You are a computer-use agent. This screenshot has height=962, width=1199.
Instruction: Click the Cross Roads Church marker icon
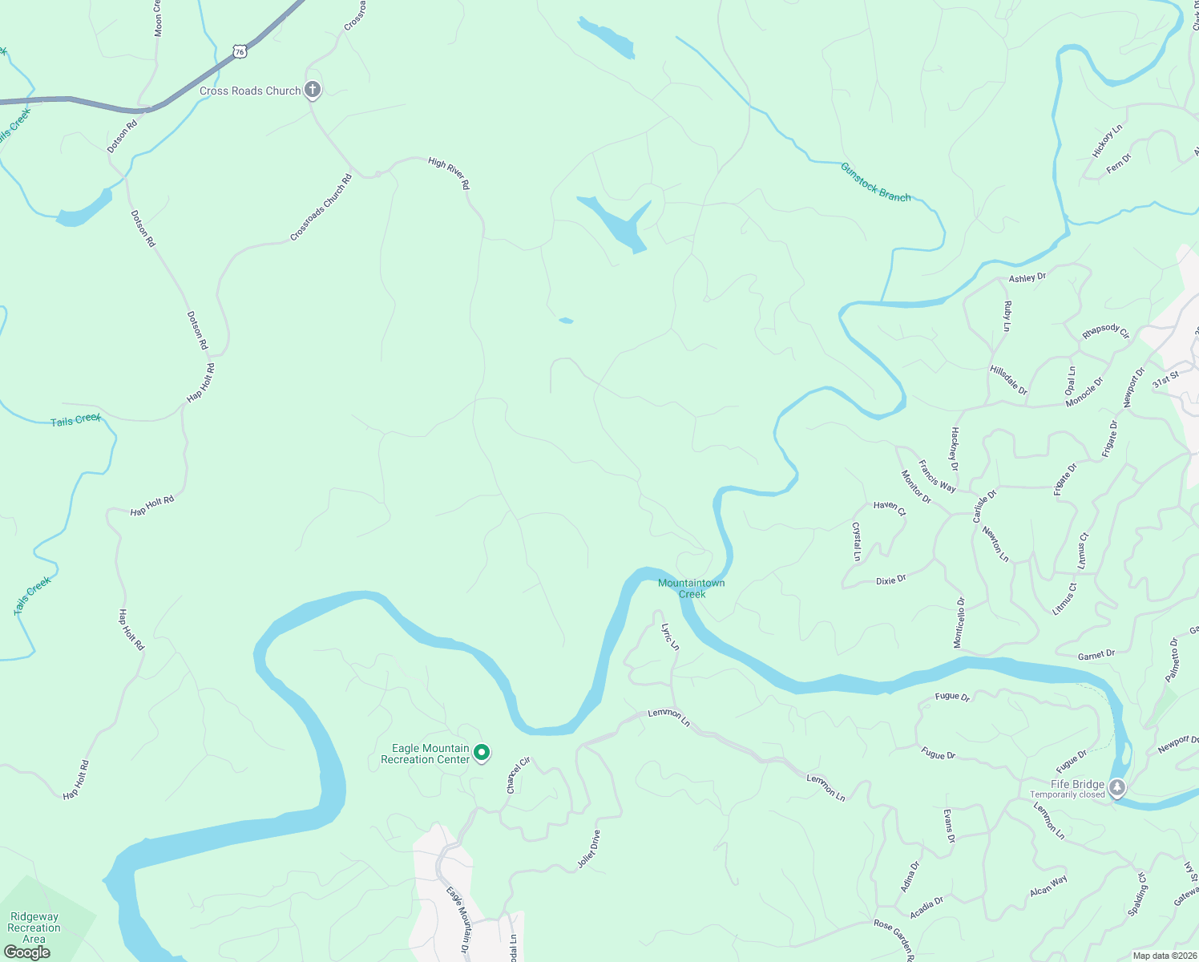click(x=313, y=90)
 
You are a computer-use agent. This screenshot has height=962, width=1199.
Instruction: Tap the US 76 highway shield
click(x=240, y=51)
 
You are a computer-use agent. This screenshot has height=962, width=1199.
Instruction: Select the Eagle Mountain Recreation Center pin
click(x=482, y=753)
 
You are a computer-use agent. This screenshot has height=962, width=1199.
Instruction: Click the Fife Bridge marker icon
click(x=1117, y=787)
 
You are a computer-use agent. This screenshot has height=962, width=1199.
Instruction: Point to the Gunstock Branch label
click(x=875, y=182)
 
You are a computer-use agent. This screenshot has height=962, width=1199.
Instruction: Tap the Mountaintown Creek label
click(x=691, y=588)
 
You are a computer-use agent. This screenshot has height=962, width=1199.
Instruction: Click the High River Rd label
click(x=449, y=173)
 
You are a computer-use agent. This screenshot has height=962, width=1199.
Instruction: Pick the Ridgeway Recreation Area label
click(x=34, y=928)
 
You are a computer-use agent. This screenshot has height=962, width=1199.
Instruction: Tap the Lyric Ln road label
click(x=670, y=637)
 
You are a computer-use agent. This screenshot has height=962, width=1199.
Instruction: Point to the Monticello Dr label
click(x=959, y=622)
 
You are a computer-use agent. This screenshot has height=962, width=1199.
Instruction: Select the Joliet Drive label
click(x=589, y=850)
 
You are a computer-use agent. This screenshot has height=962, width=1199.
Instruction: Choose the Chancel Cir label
click(x=519, y=775)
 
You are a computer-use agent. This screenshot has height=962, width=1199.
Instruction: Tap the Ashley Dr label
click(x=1027, y=277)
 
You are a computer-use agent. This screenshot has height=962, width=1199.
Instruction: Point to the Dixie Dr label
click(x=891, y=580)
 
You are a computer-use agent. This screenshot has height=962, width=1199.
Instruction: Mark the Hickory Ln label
click(x=1108, y=140)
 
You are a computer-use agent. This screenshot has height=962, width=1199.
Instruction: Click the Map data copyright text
click(x=1163, y=955)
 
